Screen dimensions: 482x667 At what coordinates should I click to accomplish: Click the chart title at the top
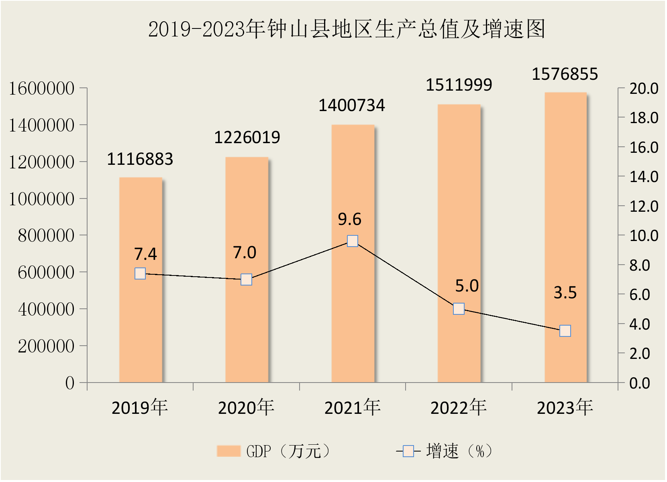[x=347, y=29]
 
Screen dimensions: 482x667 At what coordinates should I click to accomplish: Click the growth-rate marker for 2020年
[x=246, y=279]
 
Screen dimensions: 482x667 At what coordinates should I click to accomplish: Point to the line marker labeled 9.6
[x=353, y=241]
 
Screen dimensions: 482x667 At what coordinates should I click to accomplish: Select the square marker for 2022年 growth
[x=459, y=309]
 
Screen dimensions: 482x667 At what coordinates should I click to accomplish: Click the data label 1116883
[x=140, y=159]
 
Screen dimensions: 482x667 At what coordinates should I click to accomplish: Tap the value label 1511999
[x=459, y=85]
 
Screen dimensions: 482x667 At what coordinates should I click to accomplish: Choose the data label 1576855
[x=565, y=74]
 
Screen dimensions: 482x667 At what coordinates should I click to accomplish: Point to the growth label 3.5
[x=565, y=293]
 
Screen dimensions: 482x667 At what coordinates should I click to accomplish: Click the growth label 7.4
[x=145, y=254]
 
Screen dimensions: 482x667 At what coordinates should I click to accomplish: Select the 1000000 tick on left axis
[x=42, y=199]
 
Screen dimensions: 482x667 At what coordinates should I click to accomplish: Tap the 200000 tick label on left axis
[x=46, y=346]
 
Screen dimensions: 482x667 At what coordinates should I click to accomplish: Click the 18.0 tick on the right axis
[x=644, y=118]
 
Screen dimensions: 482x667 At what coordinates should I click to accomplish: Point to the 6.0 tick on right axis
[x=640, y=295]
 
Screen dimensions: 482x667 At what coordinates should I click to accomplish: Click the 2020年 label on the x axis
[x=246, y=408]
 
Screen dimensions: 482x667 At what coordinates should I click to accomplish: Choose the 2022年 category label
[x=459, y=408]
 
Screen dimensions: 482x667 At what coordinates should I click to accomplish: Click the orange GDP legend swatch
[x=228, y=451]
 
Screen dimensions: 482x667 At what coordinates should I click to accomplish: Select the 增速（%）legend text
[x=459, y=451]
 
